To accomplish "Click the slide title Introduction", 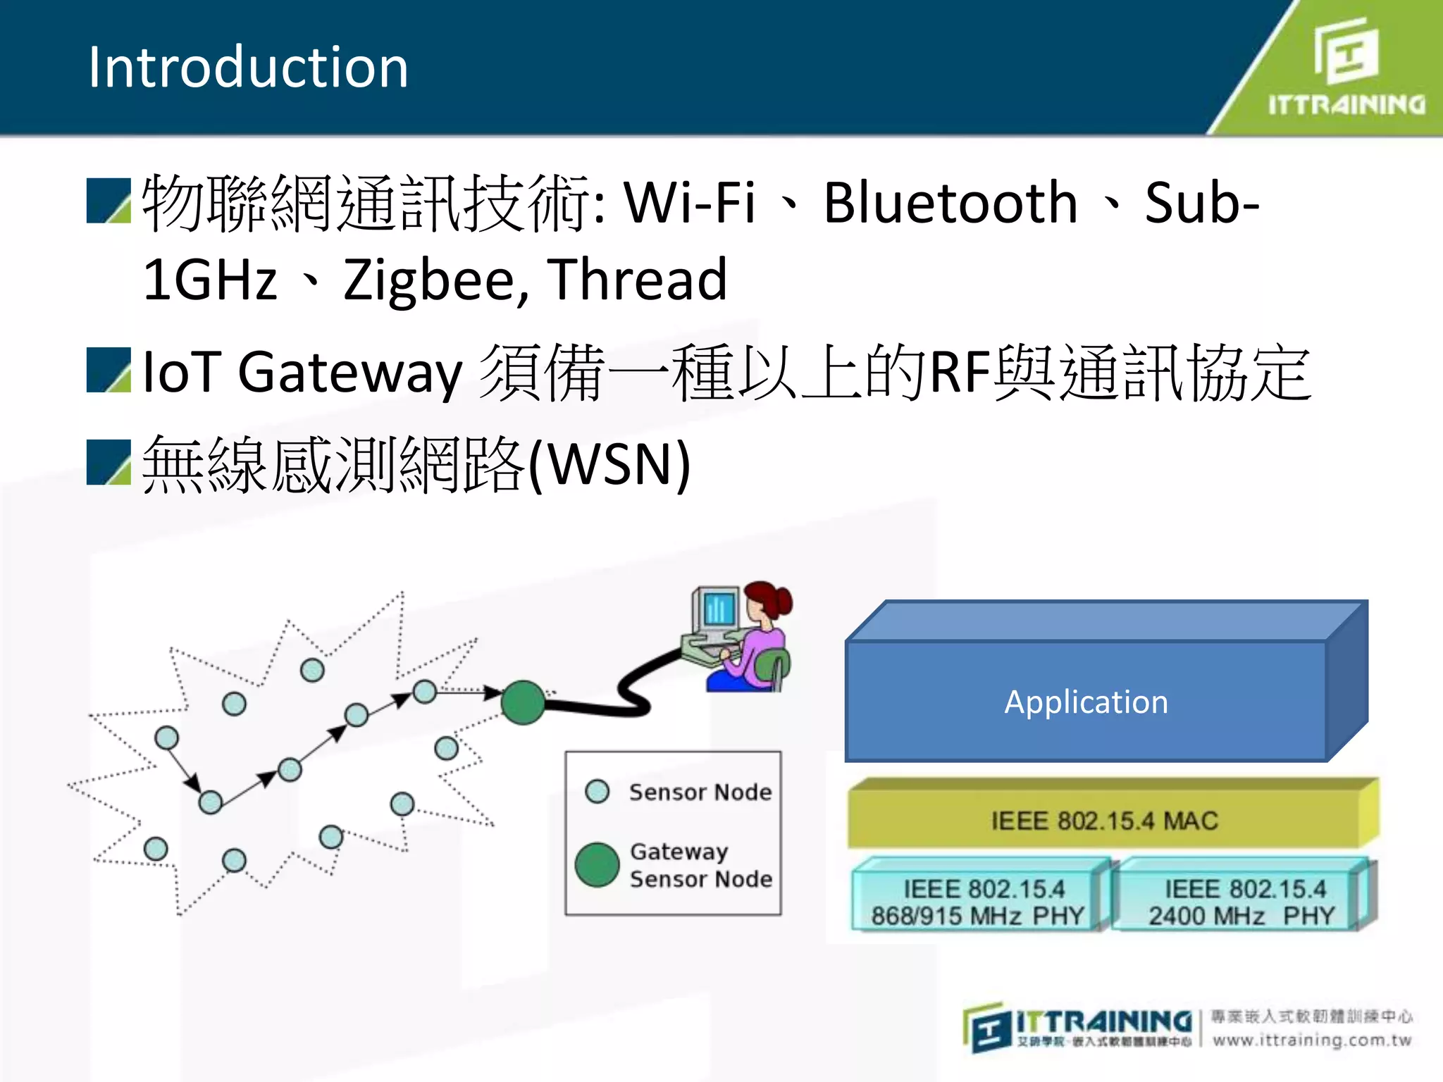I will point(247,67).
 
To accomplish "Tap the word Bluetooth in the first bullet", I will point(950,203).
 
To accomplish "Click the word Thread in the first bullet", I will point(637,280).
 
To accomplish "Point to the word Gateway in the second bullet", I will point(349,373).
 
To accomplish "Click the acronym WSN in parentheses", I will point(609,464).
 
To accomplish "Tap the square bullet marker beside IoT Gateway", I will point(109,370).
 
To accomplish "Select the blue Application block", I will point(1086,702).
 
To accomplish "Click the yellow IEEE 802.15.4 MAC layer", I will point(1104,821).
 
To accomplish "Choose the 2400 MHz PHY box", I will point(1241,902).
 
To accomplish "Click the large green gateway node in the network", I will point(523,702).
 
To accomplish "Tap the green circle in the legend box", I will point(597,864).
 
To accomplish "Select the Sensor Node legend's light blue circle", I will point(597,791).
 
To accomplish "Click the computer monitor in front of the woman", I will point(717,610).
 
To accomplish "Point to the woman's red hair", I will point(772,599).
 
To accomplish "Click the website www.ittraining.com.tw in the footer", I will point(1312,1040).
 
